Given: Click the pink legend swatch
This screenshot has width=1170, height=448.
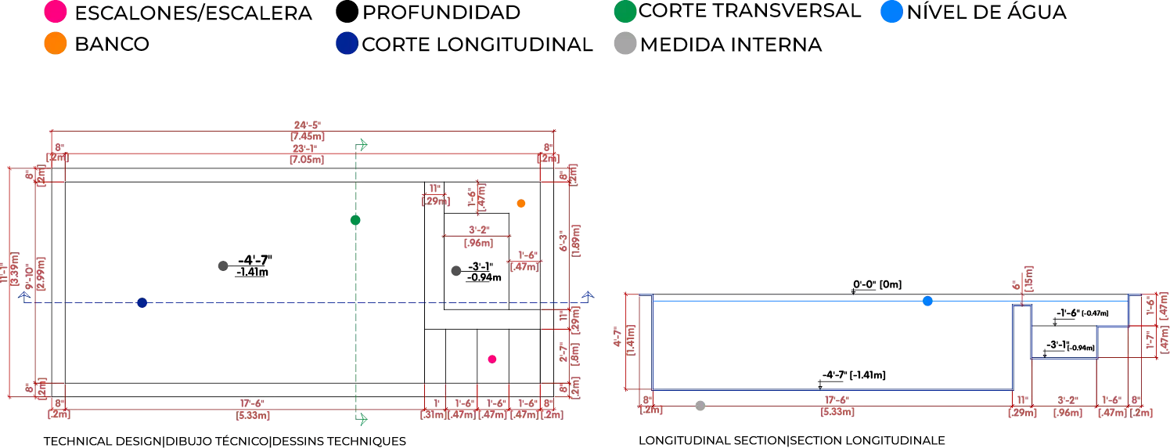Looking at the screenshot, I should click(x=56, y=13).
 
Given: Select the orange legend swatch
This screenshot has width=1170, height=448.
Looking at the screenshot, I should click(x=56, y=45).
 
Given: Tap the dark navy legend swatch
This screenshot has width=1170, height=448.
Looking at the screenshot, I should click(x=346, y=45).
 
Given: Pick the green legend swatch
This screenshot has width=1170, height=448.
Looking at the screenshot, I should click(x=625, y=13).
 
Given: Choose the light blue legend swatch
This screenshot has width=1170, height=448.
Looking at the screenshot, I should click(x=892, y=13).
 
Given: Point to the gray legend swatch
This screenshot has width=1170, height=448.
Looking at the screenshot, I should click(x=625, y=45).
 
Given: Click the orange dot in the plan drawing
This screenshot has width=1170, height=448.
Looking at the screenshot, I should click(x=520, y=204).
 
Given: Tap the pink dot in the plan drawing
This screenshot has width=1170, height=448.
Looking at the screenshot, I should click(x=492, y=358).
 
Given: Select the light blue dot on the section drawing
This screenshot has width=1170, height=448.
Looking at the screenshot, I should click(x=927, y=301).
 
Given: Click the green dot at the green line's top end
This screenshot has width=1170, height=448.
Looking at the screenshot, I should click(x=362, y=144).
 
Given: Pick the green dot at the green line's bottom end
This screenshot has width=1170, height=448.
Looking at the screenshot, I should click(x=362, y=420).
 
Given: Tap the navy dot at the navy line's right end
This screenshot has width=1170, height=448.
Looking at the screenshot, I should click(x=588, y=294).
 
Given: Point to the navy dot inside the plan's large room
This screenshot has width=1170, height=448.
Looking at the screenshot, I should click(x=142, y=304).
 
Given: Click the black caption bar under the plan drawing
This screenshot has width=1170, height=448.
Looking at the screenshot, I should click(x=223, y=439).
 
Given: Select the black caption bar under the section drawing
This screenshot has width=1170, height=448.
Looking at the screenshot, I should click(x=790, y=439).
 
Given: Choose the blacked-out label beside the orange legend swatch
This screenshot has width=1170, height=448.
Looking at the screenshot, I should click(x=112, y=45).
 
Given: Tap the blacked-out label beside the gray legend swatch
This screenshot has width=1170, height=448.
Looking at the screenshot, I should click(x=733, y=47).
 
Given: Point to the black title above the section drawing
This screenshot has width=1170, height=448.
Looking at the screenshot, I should click(x=877, y=280).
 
